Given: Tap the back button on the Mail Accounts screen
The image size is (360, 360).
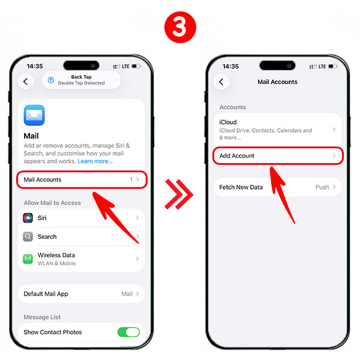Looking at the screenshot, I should click(x=221, y=82).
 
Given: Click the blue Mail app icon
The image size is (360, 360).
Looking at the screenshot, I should click(x=34, y=115).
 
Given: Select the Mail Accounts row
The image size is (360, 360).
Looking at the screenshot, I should click(x=82, y=179).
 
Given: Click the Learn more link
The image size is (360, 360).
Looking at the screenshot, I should click(x=95, y=161).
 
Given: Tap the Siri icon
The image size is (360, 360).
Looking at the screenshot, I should click(x=28, y=218).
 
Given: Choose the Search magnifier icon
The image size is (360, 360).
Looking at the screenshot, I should click(x=28, y=236).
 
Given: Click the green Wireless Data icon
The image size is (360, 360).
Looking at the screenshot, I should click(x=28, y=259).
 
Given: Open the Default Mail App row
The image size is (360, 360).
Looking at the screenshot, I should click(x=82, y=294).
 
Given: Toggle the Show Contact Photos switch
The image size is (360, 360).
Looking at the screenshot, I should click(x=128, y=332).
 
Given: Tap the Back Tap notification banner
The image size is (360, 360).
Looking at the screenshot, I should click(x=81, y=80).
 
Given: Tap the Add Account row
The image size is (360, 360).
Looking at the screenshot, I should click(x=277, y=155).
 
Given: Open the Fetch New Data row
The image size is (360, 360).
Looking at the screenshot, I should click(x=277, y=187).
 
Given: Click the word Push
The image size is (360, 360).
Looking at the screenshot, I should click(x=322, y=187).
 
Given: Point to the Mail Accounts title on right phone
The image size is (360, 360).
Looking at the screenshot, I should click(x=277, y=82).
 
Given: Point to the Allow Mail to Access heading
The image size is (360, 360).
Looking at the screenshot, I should click(x=52, y=203).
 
